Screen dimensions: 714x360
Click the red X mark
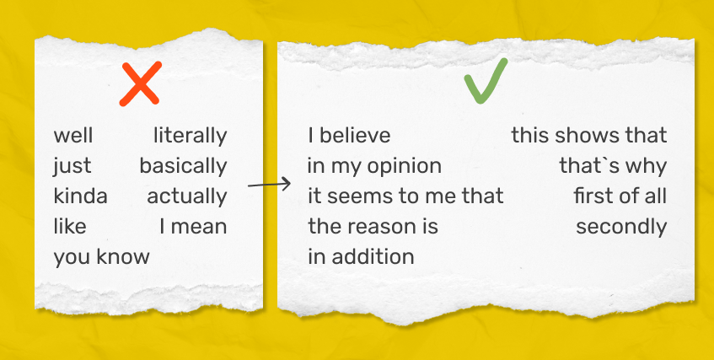[x=140, y=83]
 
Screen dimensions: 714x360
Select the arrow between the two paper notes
[x=269, y=185]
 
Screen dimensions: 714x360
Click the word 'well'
[x=73, y=136]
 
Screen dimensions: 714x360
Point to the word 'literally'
[x=190, y=137]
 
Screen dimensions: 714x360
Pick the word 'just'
[x=72, y=167]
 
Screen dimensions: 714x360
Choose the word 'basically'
[x=183, y=167]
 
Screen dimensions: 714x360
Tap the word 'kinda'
[x=81, y=196]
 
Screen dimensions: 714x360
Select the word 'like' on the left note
[x=70, y=227]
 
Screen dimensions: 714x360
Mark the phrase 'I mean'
[x=193, y=227]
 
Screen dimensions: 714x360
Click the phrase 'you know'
[x=101, y=257]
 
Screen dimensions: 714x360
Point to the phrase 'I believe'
[x=349, y=136]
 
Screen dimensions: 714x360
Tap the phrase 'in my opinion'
[x=375, y=167]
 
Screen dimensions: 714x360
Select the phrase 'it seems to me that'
[x=406, y=196]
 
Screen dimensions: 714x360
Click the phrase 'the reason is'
[x=373, y=227]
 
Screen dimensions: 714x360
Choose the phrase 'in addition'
[x=361, y=257]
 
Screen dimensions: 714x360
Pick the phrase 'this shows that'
[x=589, y=136]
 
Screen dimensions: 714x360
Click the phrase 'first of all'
[x=620, y=196]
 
